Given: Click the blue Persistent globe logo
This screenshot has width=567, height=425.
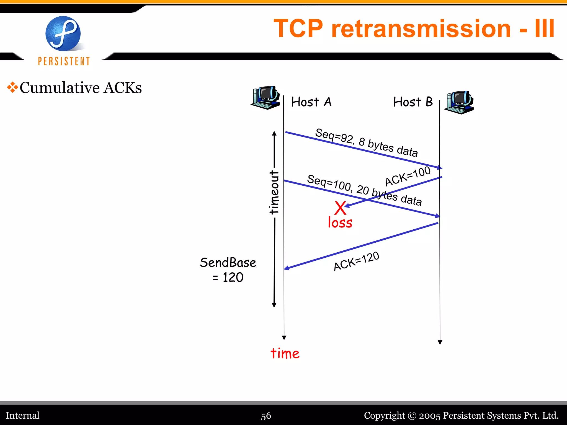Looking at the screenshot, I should (x=63, y=34).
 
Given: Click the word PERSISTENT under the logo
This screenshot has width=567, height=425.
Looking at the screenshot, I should (x=64, y=61).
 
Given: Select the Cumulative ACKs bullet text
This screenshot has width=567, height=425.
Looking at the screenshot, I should (x=81, y=88).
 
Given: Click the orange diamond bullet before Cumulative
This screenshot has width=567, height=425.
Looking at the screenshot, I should (x=12, y=87).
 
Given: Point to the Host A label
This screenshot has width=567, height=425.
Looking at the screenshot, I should (x=311, y=102).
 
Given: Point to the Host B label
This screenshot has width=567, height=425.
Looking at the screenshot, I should (x=413, y=102).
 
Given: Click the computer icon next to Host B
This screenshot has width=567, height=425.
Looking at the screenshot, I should (x=459, y=102).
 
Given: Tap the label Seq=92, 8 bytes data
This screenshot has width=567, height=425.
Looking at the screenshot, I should (x=366, y=142).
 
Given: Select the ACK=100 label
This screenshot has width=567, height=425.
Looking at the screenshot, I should (x=408, y=176).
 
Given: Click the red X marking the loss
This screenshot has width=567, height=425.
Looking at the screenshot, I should (x=340, y=208).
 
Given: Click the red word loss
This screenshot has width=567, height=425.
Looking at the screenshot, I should (x=340, y=223).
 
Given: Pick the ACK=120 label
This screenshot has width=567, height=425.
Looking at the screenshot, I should (x=356, y=261).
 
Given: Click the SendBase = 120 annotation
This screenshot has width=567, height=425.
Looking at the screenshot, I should (x=228, y=270).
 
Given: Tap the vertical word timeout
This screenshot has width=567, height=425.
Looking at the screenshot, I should (x=274, y=192).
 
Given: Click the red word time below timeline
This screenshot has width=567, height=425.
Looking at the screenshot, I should (x=285, y=354).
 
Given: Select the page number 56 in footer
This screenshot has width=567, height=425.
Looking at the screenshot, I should (x=266, y=416).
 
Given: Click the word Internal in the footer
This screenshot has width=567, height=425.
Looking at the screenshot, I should (x=23, y=416).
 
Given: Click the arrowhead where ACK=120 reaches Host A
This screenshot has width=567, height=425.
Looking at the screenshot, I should (x=287, y=268).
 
